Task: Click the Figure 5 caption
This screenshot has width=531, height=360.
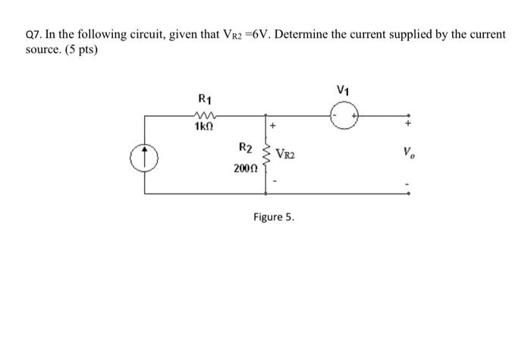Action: (x=274, y=218)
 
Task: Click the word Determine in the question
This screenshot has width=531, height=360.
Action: (x=267, y=36)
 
